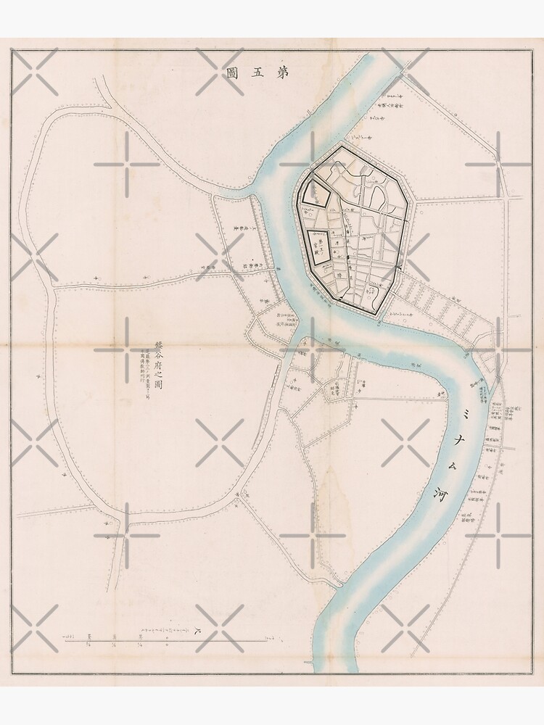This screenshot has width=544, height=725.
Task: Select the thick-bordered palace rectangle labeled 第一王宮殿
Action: pyautogui.click(x=320, y=247)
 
